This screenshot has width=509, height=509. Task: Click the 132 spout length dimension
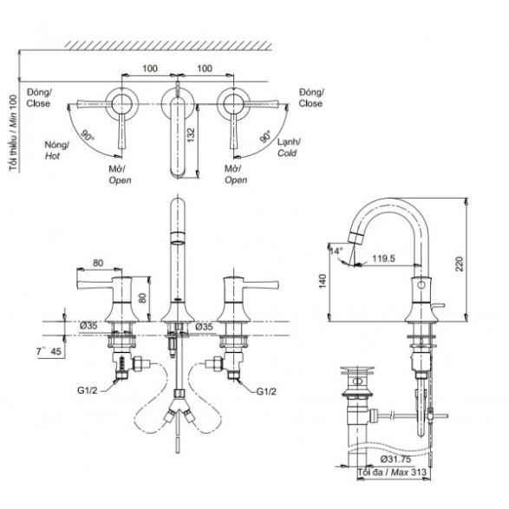coord(191,135)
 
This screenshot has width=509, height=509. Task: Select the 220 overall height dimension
coord(459,264)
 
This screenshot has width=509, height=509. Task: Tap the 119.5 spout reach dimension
coord(383,258)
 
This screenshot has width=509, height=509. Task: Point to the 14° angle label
coord(336,251)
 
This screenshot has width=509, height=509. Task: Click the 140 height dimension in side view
coord(322,281)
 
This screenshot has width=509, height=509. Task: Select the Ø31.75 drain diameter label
coord(395,459)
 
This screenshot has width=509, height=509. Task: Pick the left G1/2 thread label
coord(87,390)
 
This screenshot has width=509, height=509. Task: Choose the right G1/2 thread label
coord(266,391)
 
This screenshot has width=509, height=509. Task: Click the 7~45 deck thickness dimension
coord(49,351)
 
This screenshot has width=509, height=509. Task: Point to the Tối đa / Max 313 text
coord(392,472)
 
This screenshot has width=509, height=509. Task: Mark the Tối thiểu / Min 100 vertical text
coord(13,133)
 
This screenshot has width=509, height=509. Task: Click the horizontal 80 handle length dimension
coord(98,263)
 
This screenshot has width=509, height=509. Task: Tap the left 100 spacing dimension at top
coord(150,69)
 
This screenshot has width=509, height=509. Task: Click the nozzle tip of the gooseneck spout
coord(355,238)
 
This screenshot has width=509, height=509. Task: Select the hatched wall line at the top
coord(168,46)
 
